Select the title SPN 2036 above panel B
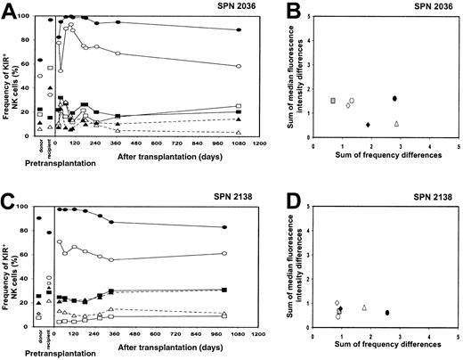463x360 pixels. (x=437, y=7)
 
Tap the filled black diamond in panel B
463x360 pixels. (x=368, y=125)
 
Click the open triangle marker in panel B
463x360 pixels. (x=396, y=124)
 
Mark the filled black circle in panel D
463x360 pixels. (x=387, y=313)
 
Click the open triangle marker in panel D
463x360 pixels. (x=364, y=307)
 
